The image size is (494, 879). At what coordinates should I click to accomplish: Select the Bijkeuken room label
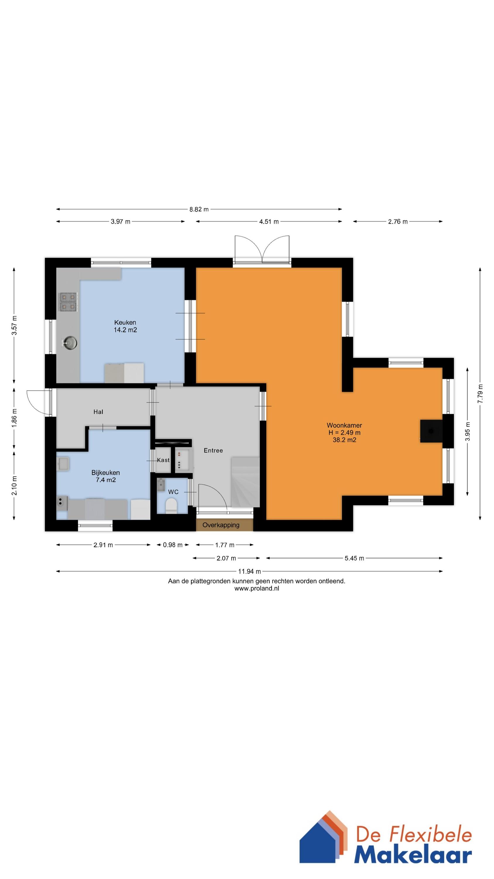click(x=105, y=473)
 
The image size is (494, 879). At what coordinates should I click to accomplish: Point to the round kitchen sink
click(x=70, y=343)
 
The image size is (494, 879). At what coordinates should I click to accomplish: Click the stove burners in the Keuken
click(x=68, y=302)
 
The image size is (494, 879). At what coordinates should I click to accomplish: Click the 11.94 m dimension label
click(x=249, y=571)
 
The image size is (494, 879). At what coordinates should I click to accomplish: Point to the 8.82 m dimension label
click(x=199, y=209)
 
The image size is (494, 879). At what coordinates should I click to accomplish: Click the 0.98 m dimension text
click(x=172, y=545)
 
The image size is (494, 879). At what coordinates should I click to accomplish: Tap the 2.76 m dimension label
click(x=397, y=222)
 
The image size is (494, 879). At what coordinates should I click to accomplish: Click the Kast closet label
click(x=163, y=460)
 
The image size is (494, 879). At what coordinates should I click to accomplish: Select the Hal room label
click(x=98, y=412)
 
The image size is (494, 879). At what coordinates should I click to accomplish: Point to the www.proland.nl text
click(x=256, y=588)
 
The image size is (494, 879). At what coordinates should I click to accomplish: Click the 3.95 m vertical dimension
click(x=467, y=431)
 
